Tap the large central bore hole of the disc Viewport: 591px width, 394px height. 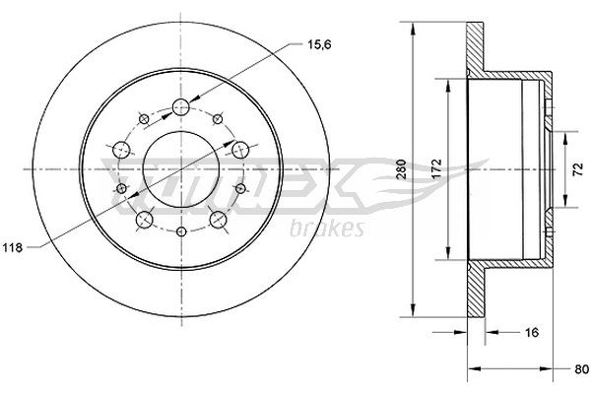[182, 167]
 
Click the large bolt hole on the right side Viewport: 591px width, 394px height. [239, 150]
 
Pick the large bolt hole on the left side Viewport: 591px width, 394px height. [123, 150]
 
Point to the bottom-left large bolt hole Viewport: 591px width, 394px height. [144, 218]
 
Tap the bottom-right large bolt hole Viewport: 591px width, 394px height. [218, 218]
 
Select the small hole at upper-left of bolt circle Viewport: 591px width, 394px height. [144, 119]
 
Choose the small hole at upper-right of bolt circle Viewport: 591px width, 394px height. [218, 119]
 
